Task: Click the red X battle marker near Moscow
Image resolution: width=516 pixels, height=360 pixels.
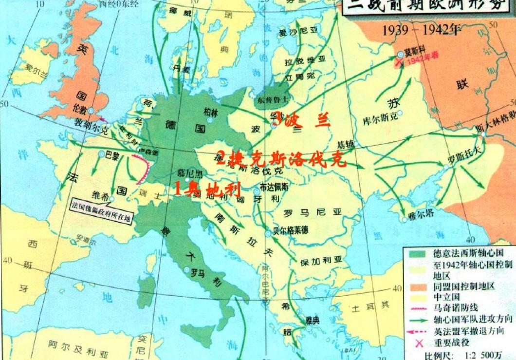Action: [x=400, y=62]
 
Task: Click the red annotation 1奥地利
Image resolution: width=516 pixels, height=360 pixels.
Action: [x=208, y=188]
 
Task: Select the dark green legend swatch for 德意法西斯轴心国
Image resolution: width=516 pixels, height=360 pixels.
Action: [x=416, y=253]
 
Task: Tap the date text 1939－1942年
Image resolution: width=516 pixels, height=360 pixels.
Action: [x=422, y=30]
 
